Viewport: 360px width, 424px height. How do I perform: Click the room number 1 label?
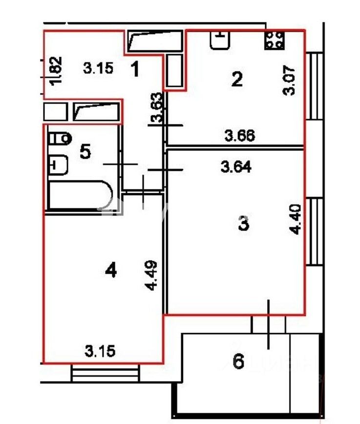coord(135,69)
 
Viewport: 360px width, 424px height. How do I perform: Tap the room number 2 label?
coord(237,79)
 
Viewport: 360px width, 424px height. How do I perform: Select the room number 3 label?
coord(244,223)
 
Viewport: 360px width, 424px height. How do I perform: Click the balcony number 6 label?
coord(238,361)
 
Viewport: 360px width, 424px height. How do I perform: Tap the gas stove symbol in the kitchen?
coord(275,40)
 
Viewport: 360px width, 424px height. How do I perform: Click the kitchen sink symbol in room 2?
coord(220,40)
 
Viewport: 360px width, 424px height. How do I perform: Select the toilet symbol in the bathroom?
coord(60,139)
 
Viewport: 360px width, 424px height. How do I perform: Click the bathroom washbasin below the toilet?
coord(58,165)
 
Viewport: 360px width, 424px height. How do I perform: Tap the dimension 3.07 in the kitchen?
coord(289,80)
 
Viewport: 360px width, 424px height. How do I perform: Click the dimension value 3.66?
coord(239,136)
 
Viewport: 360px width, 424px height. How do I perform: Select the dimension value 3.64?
coord(236,167)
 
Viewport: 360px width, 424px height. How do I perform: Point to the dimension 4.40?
coord(295,219)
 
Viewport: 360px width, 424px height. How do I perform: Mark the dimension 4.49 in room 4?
coord(151,275)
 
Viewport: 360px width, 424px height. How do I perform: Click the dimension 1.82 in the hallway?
coord(56,71)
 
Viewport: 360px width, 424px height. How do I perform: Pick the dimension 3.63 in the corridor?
coord(157,107)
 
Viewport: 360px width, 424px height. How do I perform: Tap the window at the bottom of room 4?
coord(106,373)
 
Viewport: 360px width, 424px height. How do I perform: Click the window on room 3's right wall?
coord(314,232)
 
